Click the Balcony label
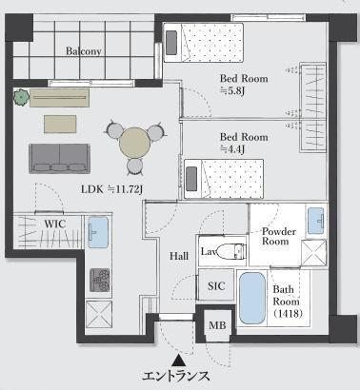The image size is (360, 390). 84,51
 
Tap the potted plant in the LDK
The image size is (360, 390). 22,97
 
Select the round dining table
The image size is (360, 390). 135,143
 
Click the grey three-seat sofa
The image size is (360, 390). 59,159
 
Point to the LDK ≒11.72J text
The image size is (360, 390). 112,189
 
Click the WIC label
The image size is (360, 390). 55,224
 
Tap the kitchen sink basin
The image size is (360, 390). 98,232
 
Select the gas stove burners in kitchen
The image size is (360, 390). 100,280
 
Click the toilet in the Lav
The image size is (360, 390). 231,251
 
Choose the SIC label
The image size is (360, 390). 216,286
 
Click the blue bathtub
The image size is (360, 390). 252,298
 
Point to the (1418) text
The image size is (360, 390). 288,314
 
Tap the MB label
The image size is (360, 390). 217,325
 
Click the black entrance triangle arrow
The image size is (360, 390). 179,361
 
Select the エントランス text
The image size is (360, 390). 175,377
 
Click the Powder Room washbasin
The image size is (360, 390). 316,221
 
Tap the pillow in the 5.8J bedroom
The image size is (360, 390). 171,43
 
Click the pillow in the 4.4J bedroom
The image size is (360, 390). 191,179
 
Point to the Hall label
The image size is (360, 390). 179,256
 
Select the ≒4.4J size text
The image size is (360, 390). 232,149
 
